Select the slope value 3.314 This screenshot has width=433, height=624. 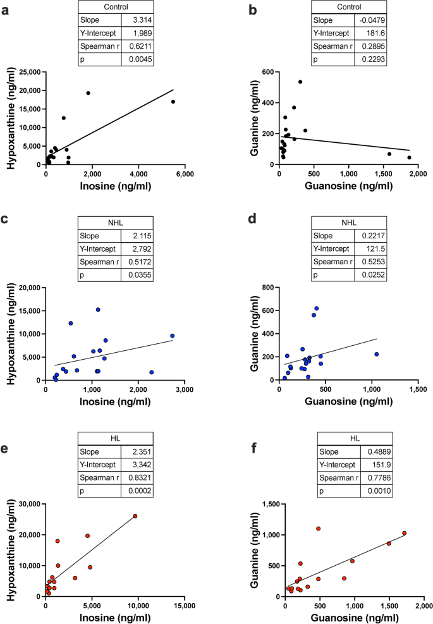coord(140,21)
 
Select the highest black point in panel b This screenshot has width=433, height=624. coord(300,82)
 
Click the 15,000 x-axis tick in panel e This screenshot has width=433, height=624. coord(184,606)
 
